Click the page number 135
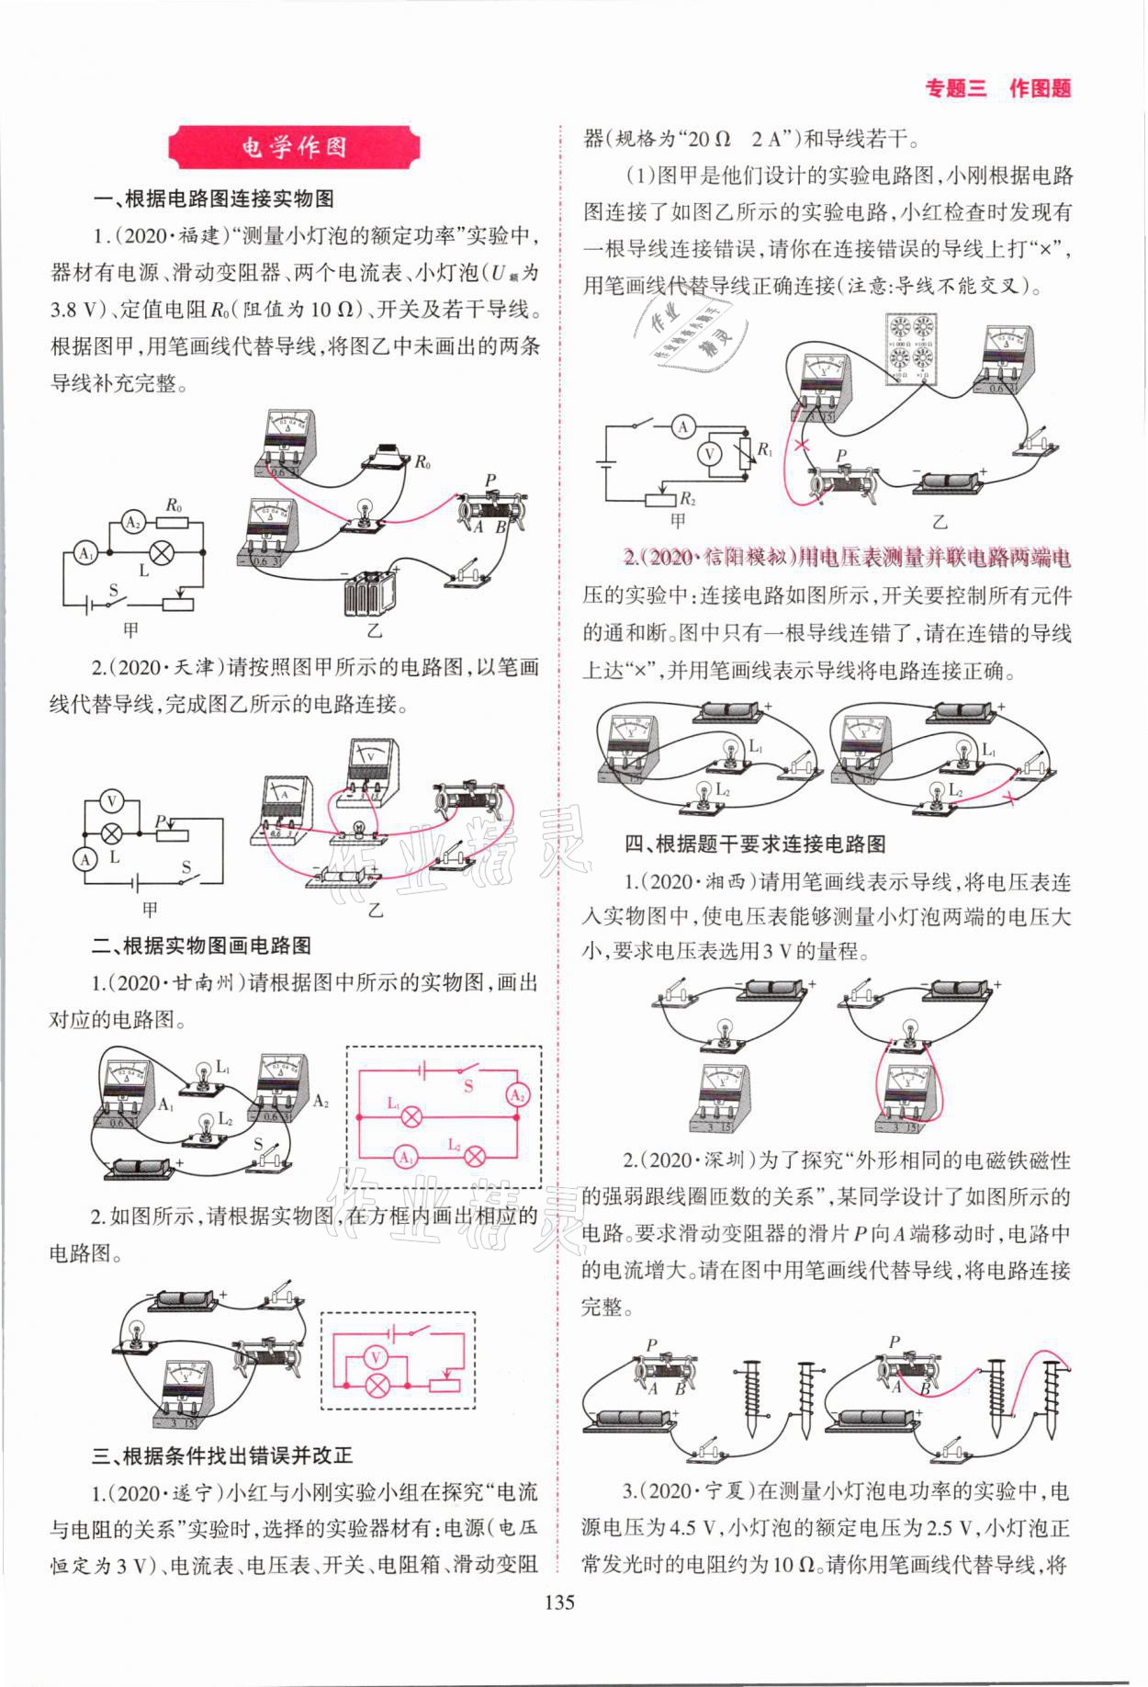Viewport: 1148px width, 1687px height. (x=559, y=1602)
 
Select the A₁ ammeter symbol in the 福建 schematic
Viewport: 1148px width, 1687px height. (x=85, y=554)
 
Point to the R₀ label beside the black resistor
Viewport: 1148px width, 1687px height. (x=422, y=462)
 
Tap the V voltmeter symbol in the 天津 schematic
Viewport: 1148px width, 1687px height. (x=112, y=801)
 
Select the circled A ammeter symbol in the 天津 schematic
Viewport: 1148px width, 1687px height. (x=85, y=859)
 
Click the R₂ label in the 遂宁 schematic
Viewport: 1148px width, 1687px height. (x=686, y=498)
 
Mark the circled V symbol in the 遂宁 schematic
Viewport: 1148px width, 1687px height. (x=707, y=453)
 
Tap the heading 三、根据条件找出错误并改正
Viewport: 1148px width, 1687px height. (x=222, y=1455)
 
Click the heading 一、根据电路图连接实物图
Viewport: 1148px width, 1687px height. (x=213, y=198)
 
